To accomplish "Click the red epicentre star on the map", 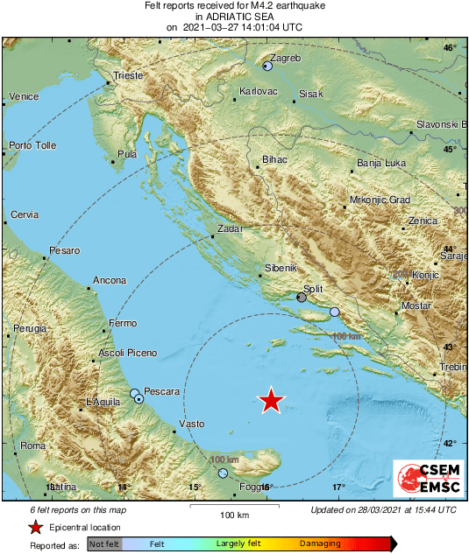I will pos(272,400).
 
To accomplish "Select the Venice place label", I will pos(24,96).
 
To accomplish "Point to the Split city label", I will pos(313,288).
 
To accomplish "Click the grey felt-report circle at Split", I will pos(302,298).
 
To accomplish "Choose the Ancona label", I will pos(110,281).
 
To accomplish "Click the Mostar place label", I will pos(416,305).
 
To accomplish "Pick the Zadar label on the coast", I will pos(230,229).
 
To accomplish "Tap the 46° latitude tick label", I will pos(450,47).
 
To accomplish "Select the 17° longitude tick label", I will pos(338,487).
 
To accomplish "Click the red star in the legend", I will pos(36,528).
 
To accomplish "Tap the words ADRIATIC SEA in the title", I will pos(234,16).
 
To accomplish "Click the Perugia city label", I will pos(29,328).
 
